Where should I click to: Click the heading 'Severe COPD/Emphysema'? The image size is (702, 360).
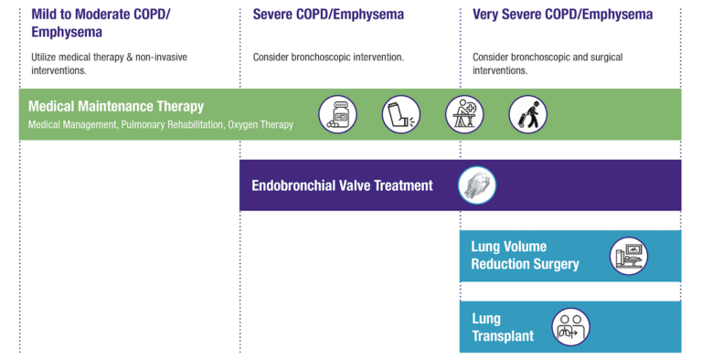pos(328,15)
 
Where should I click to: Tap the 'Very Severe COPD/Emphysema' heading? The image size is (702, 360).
pos(562,15)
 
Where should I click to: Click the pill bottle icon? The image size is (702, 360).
pos(337,114)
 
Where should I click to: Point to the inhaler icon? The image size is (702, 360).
pos(400,114)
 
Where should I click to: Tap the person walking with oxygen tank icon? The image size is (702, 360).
pos(527,114)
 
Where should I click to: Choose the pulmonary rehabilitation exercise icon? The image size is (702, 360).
pos(464,114)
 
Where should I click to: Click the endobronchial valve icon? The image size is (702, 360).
pos(476,185)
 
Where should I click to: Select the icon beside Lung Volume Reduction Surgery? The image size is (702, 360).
pos(629,256)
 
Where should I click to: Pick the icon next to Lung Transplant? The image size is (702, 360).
pos(570,327)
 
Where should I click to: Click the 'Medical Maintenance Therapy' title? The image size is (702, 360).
pos(116,106)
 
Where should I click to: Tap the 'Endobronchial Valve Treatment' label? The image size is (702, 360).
pos(342,185)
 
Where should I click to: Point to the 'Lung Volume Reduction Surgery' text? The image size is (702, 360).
pos(525,256)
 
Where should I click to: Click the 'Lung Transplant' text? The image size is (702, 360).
pos(502,327)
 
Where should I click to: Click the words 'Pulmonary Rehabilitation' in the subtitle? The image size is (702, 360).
pos(173,125)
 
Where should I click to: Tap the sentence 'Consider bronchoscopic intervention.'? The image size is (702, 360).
pos(328,58)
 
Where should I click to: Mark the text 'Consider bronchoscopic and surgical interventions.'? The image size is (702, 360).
pos(548,64)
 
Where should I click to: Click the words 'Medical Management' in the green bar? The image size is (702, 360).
pos(72,125)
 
